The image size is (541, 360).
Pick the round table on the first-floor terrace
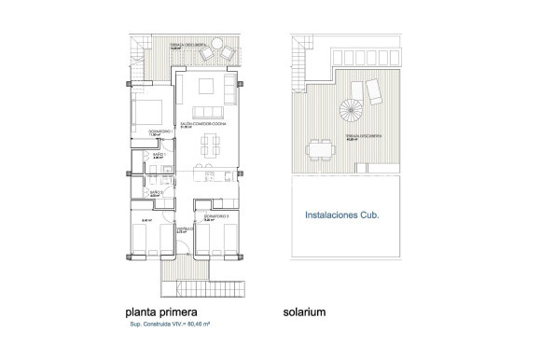click(215, 43)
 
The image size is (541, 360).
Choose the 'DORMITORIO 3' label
click(217, 215)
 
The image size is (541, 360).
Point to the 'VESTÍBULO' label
click(184, 227)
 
